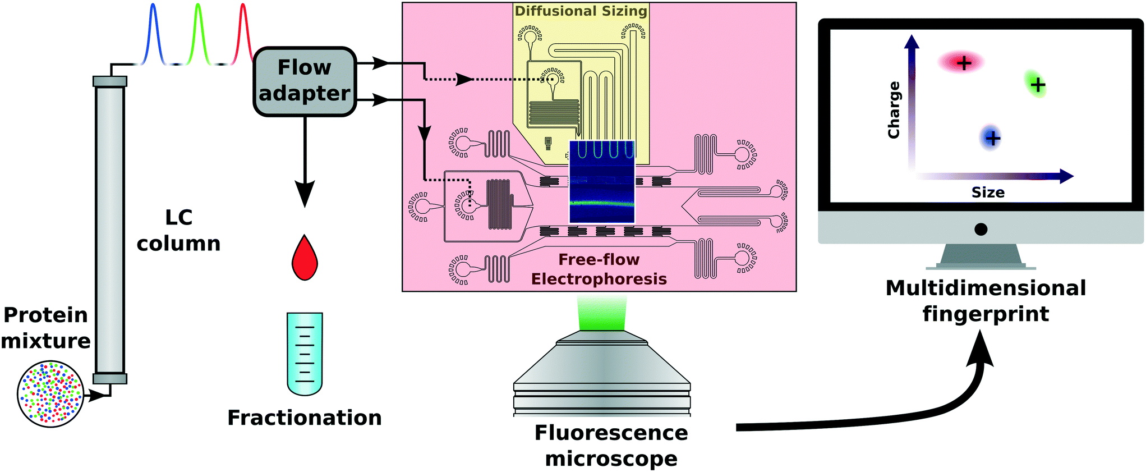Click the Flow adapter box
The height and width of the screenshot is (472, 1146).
click(305, 81)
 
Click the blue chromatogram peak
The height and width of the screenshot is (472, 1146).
click(153, 34)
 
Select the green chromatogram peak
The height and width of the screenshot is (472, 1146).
click(198, 34)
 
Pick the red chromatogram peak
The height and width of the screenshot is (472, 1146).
click(243, 34)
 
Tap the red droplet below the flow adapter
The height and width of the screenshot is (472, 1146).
click(305, 260)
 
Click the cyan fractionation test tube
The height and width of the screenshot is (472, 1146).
click(305, 354)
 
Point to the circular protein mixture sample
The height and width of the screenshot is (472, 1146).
click(50, 395)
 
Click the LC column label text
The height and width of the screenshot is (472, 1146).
click(178, 230)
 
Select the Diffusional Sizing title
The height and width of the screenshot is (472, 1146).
click(581, 11)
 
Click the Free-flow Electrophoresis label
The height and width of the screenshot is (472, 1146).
click(599, 269)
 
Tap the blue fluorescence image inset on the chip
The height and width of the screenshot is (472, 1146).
click(602, 182)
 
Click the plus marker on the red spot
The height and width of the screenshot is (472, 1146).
click(964, 63)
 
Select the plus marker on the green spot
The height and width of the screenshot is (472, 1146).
click(1038, 85)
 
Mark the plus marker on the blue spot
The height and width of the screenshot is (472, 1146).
click(992, 138)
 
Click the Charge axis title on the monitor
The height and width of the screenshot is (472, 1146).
click(894, 110)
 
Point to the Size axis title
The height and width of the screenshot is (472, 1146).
click(988, 193)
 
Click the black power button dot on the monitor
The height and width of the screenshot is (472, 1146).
click(981, 229)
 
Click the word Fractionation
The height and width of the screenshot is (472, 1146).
click(305, 418)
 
